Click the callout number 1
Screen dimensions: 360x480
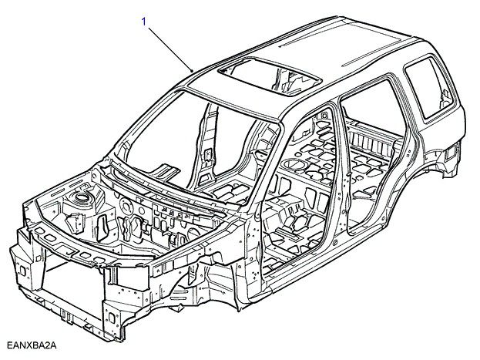click(143, 22)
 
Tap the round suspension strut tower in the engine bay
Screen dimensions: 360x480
click(80, 202)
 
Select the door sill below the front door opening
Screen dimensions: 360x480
click(308, 270)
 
